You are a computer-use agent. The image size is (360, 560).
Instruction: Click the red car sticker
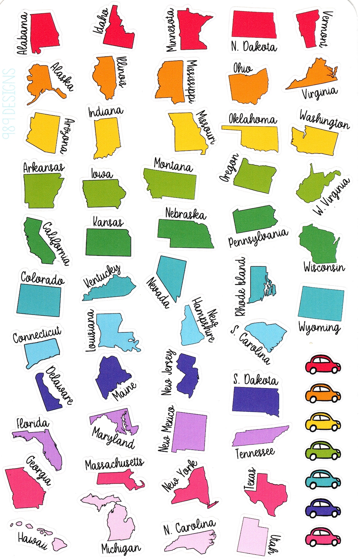pos(323,364)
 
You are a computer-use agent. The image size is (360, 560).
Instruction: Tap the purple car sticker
pos(323,508)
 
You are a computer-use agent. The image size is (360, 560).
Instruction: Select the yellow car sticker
pos(323,422)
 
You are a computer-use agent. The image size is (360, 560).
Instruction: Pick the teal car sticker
pos(323,479)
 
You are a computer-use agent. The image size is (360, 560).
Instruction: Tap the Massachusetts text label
pos(114,464)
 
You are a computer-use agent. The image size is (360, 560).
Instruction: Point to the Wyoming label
pos(319,328)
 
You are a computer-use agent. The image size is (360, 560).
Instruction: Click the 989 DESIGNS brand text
pos(9,103)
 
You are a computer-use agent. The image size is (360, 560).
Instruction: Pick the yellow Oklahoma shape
pos(260,137)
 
